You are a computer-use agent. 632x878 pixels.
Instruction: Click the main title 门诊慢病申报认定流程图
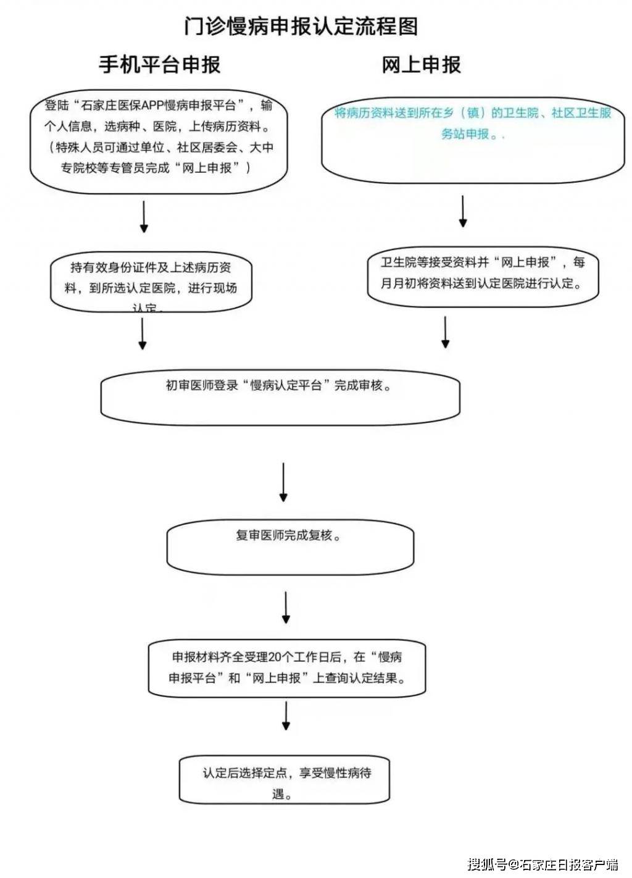(301, 27)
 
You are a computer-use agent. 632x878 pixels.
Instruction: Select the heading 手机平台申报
(159, 64)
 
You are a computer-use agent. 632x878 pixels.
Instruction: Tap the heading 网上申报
(421, 64)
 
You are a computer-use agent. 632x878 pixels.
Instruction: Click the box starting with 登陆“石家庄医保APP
(159, 145)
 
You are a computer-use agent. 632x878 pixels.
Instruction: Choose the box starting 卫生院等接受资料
(483, 277)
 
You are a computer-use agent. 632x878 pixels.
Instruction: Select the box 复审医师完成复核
(290, 546)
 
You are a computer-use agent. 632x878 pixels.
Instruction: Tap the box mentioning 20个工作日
(287, 668)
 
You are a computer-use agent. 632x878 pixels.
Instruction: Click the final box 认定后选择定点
(285, 779)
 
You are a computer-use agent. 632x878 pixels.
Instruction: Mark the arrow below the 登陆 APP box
(144, 216)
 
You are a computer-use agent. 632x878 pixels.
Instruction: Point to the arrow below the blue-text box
(463, 211)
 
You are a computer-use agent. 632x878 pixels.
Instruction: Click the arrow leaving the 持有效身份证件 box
(143, 334)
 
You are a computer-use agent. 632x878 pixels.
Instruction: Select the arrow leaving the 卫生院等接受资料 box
(445, 333)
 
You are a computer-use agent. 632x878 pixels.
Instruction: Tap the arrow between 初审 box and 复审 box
(283, 482)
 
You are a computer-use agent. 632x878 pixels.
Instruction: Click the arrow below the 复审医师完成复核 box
(286, 608)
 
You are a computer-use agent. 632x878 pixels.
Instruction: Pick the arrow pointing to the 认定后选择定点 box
(286, 716)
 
